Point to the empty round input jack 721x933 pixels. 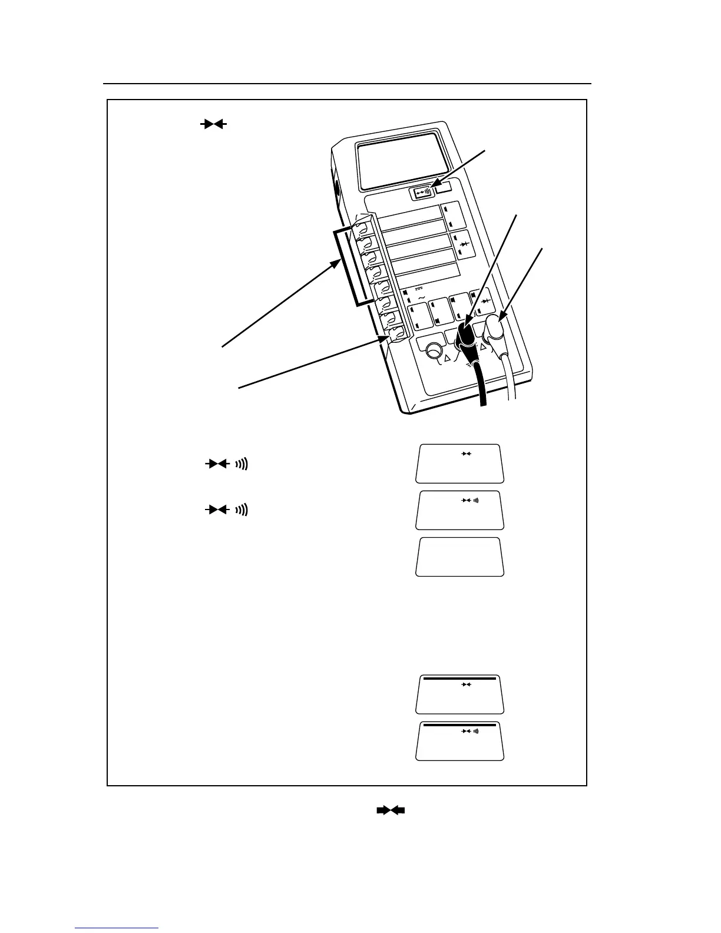click(434, 351)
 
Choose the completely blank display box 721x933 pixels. click(460, 556)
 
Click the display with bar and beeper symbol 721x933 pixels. click(460, 740)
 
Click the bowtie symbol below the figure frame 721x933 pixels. click(391, 810)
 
